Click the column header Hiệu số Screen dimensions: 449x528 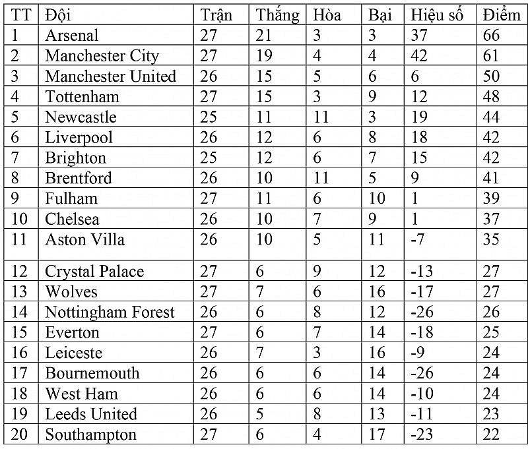tap(436, 15)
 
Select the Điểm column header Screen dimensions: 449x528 tap(501, 15)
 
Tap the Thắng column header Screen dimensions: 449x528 tap(277, 15)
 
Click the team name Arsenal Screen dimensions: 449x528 tap(71, 35)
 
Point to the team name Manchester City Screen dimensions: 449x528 tap(102, 55)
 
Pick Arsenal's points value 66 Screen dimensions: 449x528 tap(492, 35)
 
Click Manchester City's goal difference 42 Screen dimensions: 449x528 tap(419, 55)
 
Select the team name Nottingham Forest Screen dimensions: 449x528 tap(110, 312)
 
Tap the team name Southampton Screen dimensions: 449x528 tap(90, 434)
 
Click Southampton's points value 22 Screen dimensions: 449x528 tap(492, 434)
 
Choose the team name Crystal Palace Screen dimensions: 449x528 tap(94, 271)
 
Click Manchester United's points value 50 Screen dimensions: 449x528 tap(492, 76)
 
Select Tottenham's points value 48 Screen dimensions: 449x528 tap(492, 96)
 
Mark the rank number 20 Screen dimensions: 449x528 tap(20, 434)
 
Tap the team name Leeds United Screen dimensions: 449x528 tap(91, 414)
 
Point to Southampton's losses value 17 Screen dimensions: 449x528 tap(377, 434)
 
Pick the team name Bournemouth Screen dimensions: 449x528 tap(92, 373)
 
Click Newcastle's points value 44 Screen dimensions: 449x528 tap(492, 117)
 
